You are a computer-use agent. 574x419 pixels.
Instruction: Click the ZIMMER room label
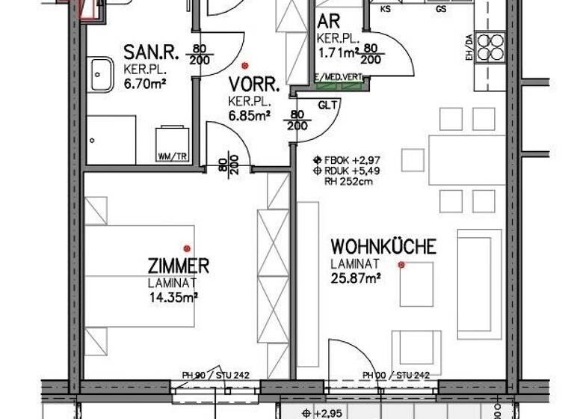178,266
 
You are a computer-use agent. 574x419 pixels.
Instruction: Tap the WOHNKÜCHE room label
383,245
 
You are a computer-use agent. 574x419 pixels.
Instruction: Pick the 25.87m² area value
357,278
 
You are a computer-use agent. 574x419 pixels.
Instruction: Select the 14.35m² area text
173,296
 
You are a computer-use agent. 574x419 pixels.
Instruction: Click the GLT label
327,105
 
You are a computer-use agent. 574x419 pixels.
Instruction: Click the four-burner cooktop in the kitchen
490,46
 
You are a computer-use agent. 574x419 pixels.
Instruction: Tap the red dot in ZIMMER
186,249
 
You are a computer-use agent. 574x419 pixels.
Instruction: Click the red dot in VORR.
245,66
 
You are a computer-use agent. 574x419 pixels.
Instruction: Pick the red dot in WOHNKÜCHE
401,265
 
